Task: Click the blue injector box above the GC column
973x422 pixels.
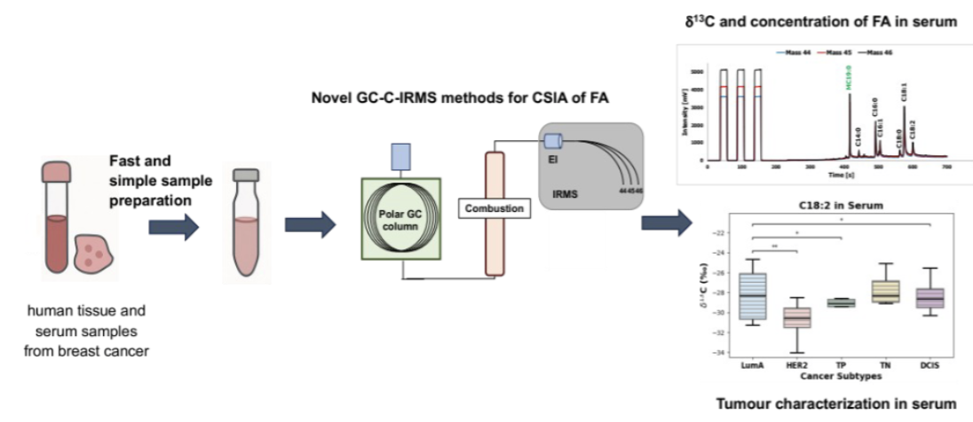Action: pyautogui.click(x=399, y=157)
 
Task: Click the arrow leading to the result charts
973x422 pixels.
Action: pyautogui.click(x=666, y=223)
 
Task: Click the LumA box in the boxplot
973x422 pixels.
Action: pyautogui.click(x=753, y=295)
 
